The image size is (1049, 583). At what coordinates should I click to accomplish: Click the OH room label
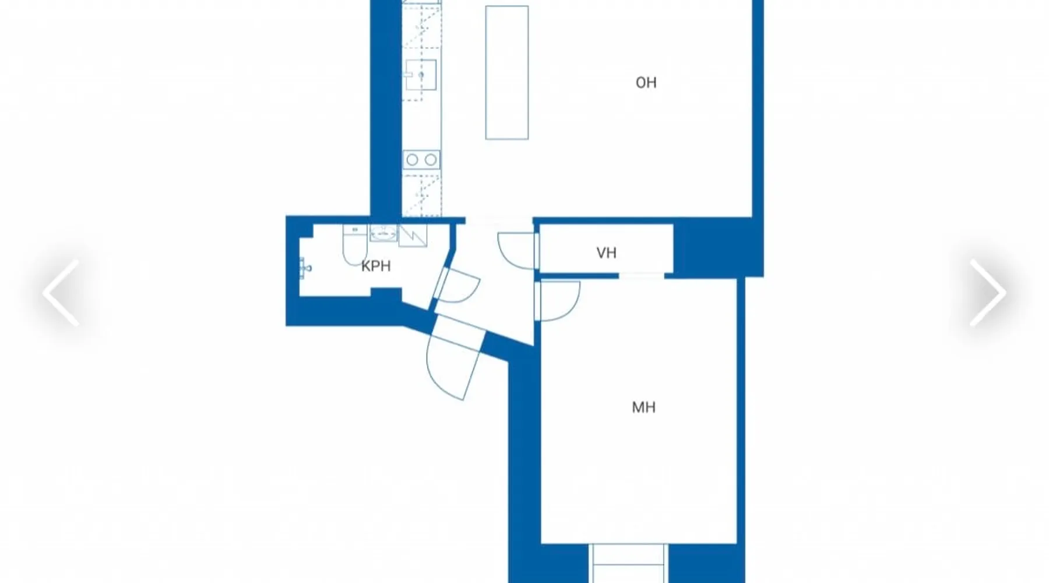point(646,83)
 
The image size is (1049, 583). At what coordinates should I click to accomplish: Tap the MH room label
point(643,407)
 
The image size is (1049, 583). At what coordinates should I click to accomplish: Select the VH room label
point(606,253)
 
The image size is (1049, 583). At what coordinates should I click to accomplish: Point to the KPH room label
point(376,266)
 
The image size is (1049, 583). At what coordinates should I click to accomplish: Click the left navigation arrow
point(61,292)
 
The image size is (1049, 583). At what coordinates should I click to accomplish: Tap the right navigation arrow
point(988,292)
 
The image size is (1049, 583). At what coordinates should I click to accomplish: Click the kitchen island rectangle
point(507,73)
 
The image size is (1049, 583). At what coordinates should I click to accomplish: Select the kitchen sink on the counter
point(421,75)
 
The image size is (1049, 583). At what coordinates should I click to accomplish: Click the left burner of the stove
point(412,160)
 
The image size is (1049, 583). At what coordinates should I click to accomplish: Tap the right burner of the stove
point(431,160)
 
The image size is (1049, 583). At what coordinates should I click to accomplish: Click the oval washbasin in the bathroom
point(383,234)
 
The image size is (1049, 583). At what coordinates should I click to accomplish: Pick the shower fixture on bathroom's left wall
point(305,268)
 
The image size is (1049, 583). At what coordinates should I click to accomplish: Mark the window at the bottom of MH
point(628,563)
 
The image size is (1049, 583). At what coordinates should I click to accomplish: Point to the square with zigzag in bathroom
point(413,235)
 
